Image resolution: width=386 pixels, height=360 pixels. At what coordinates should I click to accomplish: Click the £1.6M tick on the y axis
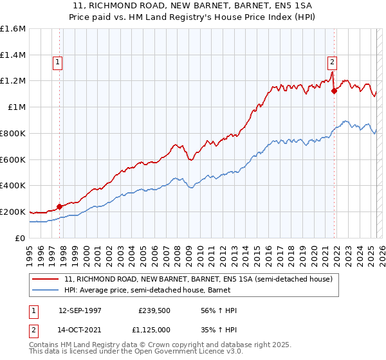[12, 29]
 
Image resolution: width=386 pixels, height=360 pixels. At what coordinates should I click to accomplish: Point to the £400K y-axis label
[12, 185]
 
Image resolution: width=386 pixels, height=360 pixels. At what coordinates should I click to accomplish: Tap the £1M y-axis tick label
[16, 107]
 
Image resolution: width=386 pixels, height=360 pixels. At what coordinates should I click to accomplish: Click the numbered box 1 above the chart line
[58, 62]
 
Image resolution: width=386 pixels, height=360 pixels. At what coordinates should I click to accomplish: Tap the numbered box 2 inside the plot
[332, 62]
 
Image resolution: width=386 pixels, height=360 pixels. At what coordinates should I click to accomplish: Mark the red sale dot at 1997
[60, 206]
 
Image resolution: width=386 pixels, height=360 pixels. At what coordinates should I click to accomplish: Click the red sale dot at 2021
[334, 91]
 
